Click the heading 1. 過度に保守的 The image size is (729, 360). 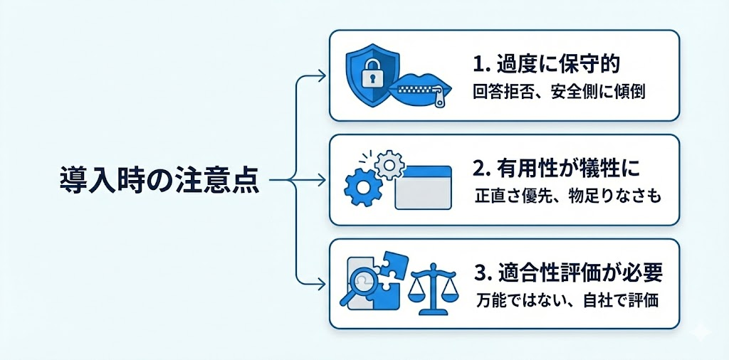click(547, 64)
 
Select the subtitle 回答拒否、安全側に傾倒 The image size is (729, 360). click(559, 92)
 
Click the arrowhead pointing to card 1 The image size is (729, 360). click(322, 75)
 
